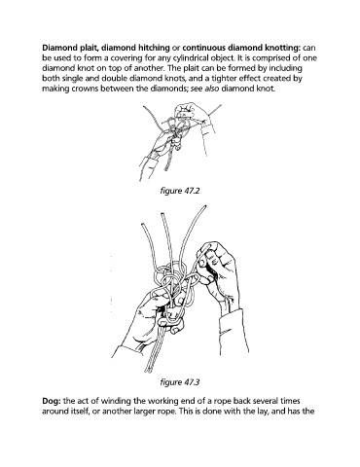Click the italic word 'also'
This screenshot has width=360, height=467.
[212, 89]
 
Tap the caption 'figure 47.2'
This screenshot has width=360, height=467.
[180, 191]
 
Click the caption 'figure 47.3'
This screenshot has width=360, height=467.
[180, 381]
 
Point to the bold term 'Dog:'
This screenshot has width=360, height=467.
[52, 401]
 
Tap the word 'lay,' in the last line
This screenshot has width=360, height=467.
[262, 412]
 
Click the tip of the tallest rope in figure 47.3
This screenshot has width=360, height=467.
[204, 206]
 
